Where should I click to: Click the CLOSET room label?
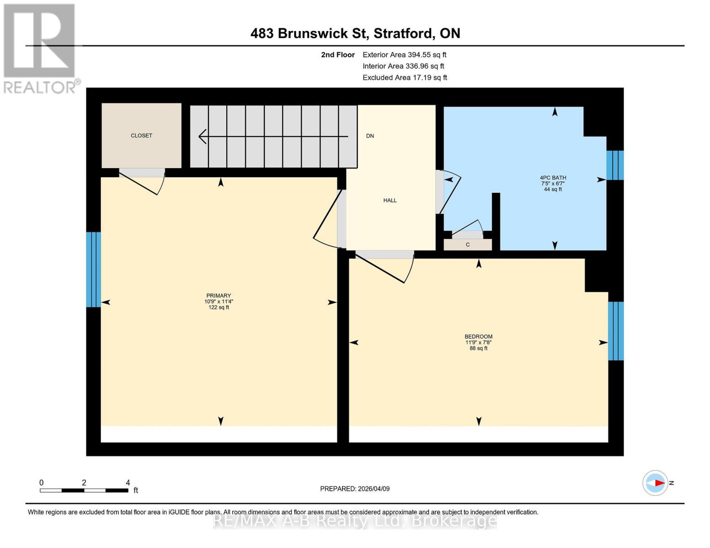pyautogui.click(x=141, y=136)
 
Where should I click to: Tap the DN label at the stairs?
pyautogui.click(x=370, y=136)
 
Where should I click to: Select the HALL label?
pyautogui.click(x=390, y=200)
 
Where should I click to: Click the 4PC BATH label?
pyautogui.click(x=553, y=178)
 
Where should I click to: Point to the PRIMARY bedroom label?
pyautogui.click(x=219, y=296)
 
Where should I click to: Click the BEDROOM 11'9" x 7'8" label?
pyautogui.click(x=478, y=342)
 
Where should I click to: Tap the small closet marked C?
pyautogui.click(x=468, y=245)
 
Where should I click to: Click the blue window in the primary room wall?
pyautogui.click(x=93, y=269)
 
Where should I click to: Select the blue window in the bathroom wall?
pyautogui.click(x=614, y=165)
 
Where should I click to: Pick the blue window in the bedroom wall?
pyautogui.click(x=615, y=331)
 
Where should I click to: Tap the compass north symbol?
pyautogui.click(x=656, y=483)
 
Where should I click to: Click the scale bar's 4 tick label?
pyautogui.click(x=128, y=483)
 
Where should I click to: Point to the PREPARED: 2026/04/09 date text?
pyautogui.click(x=354, y=489)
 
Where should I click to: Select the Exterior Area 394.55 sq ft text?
pyautogui.click(x=404, y=55)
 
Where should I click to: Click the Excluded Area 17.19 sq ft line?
pyautogui.click(x=405, y=78)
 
